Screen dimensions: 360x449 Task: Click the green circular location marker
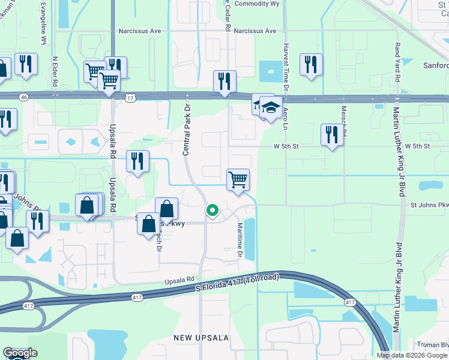212,210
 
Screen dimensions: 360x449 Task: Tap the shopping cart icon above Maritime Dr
238,179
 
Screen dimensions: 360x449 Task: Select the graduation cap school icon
271,108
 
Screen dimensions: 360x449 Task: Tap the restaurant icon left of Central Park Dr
138,161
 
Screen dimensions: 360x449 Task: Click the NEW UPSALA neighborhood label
201,338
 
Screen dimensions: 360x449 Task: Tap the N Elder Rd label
55,72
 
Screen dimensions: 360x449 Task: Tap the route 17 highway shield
130,96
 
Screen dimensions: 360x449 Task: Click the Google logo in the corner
20,353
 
